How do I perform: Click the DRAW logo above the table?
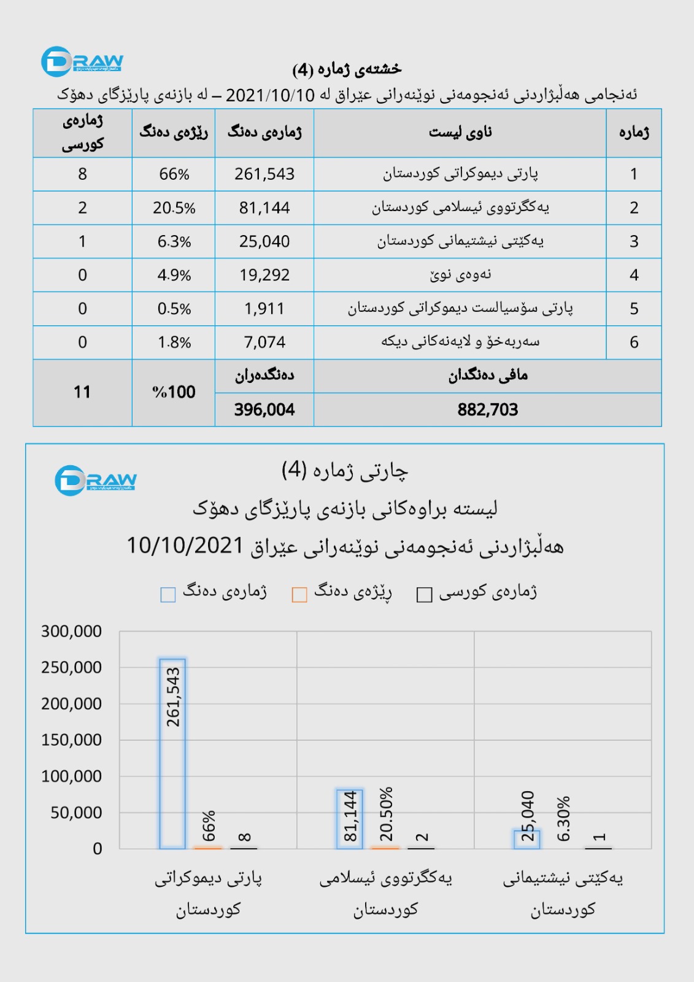pyautogui.click(x=82, y=62)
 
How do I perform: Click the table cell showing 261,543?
pyautogui.click(x=264, y=174)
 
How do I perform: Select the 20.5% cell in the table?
pyautogui.click(x=174, y=208)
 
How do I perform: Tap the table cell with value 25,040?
pyautogui.click(x=264, y=241)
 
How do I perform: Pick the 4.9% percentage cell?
pyautogui.click(x=174, y=275)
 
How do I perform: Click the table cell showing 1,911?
pyautogui.click(x=264, y=308)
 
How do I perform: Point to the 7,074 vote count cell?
pyautogui.click(x=264, y=342)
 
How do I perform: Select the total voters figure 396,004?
pyautogui.click(x=264, y=409)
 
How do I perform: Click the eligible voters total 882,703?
pyautogui.click(x=488, y=409)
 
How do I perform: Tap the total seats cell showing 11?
pyautogui.click(x=82, y=392)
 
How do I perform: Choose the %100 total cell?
pyautogui.click(x=174, y=392)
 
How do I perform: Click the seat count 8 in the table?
pyautogui.click(x=82, y=174)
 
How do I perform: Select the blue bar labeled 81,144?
pyautogui.click(x=350, y=819)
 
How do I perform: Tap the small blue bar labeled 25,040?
pyautogui.click(x=527, y=839)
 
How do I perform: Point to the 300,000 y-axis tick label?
pyautogui.click(x=71, y=631)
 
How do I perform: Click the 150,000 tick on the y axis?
pyautogui.click(x=71, y=740)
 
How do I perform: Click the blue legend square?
pyautogui.click(x=168, y=595)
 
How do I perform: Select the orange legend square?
pyautogui.click(x=299, y=595)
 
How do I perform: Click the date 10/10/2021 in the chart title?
pyautogui.click(x=185, y=545)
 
